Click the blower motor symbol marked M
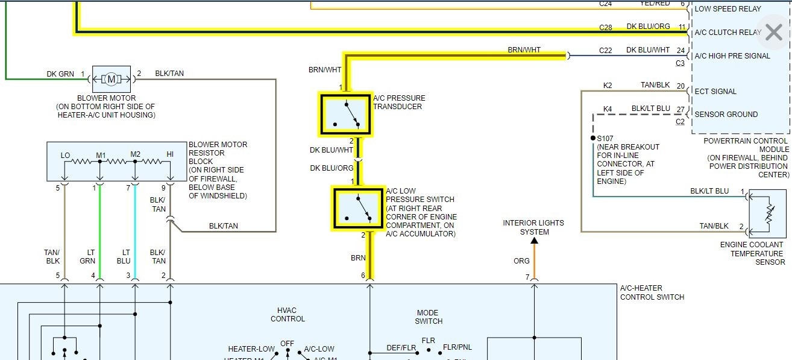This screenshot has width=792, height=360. click(x=111, y=78)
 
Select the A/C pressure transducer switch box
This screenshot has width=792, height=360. click(x=345, y=115)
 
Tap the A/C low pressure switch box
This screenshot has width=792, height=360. click(x=357, y=208)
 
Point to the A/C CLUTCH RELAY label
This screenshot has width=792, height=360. click(x=728, y=33)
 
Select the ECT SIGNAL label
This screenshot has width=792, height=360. click(x=715, y=92)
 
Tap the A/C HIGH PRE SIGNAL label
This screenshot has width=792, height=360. click(x=732, y=56)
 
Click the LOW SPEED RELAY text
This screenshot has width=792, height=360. click(x=728, y=9)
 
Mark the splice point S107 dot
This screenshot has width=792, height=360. click(x=593, y=138)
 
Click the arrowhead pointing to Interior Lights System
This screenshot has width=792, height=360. click(x=534, y=241)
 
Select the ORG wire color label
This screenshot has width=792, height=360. click(x=521, y=261)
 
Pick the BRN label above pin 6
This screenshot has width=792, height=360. click(x=358, y=257)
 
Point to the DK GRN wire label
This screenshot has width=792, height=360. click(x=60, y=74)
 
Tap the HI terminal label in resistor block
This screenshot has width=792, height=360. click(x=170, y=155)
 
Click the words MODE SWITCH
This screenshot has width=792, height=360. click(x=429, y=317)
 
